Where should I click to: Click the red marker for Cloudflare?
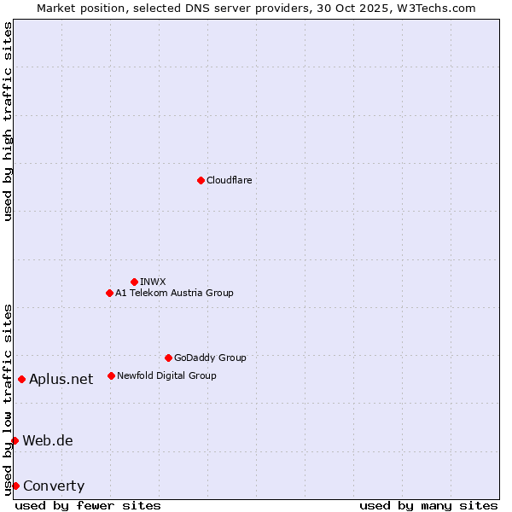click(201, 180)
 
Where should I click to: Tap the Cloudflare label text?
click(229, 180)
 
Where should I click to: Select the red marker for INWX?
click(134, 282)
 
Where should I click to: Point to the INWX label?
click(153, 282)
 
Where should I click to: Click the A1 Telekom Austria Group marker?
click(109, 293)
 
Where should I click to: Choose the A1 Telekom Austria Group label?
click(174, 293)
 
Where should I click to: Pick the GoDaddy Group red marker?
click(168, 358)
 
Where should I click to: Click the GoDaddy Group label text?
click(210, 358)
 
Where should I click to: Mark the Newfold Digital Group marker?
click(111, 375)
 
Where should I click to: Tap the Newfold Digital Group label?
click(166, 375)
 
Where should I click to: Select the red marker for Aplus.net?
click(21, 379)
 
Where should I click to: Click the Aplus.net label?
click(61, 380)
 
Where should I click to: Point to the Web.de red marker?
click(15, 440)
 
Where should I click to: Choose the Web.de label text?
click(48, 441)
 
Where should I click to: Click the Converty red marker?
click(15, 486)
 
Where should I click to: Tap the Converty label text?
click(54, 486)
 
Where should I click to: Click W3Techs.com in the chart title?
click(440, 8)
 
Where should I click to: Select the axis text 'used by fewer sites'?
click(88, 505)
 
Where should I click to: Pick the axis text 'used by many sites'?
click(428, 505)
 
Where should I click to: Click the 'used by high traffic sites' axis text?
click(8, 122)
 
